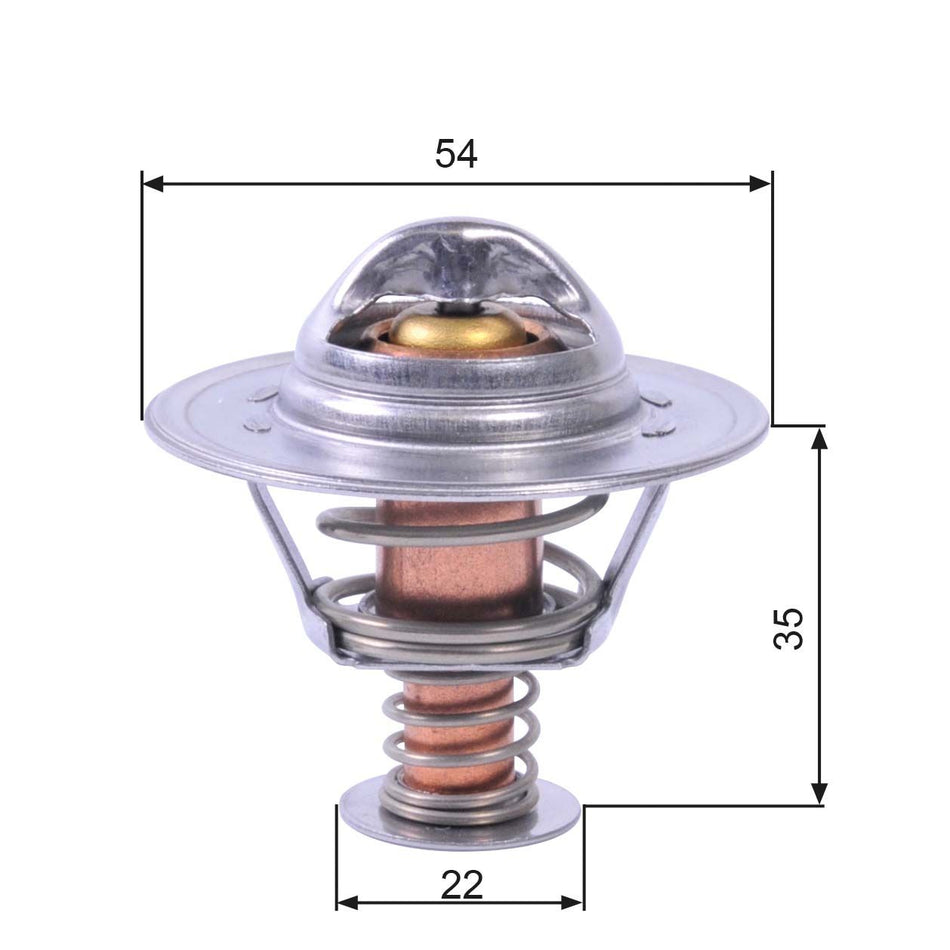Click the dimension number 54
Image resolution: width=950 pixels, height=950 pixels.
point(457,153)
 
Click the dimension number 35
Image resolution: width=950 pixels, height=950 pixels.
point(789,628)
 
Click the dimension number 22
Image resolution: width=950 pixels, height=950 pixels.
point(460,884)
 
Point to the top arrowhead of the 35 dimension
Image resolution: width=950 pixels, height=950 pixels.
point(820,437)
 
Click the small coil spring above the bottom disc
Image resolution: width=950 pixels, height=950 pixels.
point(460,740)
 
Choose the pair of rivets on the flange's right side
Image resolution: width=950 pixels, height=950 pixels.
point(657,415)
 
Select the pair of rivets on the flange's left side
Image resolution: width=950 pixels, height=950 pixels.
point(260,410)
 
